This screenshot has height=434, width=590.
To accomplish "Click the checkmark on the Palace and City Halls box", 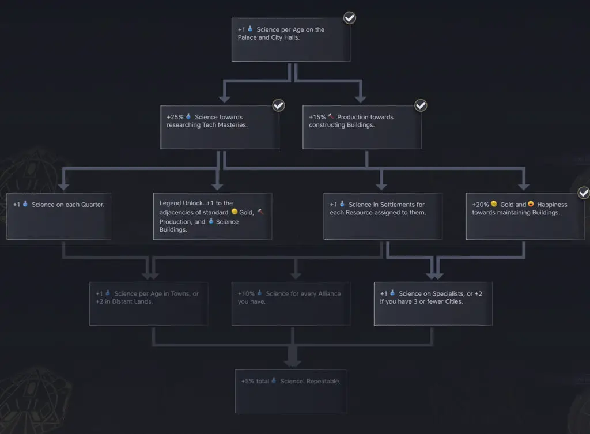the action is tap(350, 18).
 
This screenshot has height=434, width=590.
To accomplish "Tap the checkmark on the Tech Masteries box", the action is tap(278, 105).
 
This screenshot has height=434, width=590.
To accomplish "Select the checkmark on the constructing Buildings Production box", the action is tap(421, 105).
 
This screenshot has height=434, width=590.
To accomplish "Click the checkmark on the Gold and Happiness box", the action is tap(584, 193).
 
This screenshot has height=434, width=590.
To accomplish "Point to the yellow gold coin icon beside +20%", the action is tap(494, 204).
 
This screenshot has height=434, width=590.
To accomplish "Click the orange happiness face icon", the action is tap(531, 204).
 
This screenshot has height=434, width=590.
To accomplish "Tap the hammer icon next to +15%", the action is tap(331, 116).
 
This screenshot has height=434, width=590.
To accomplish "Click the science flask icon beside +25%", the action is tap(188, 116).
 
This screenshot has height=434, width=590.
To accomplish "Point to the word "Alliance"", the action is tap(329, 293).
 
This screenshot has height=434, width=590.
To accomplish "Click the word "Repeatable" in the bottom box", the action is tap(323, 382).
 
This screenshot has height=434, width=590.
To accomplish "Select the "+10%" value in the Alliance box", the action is tap(246, 293).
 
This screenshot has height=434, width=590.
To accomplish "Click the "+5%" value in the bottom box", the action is tap(248, 382).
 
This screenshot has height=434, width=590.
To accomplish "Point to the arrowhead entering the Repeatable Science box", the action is tap(292, 362).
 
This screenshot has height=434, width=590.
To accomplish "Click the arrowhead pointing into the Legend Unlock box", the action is tap(217, 187).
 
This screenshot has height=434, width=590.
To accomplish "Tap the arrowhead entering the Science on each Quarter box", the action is tap(63, 187).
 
